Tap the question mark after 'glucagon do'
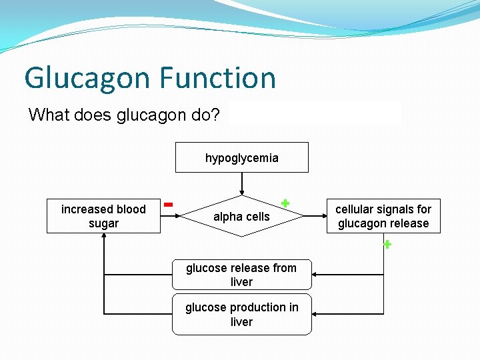(215, 115)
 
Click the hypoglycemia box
(241, 158)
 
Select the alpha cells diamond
(241, 217)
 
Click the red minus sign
(169, 203)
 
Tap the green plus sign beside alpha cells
(285, 203)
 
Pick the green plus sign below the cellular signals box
(387, 245)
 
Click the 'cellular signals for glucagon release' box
(383, 216)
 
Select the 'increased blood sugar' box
(103, 216)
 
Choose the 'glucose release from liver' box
(241, 275)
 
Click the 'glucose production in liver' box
(241, 314)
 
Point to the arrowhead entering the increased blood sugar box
(104, 237)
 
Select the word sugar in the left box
(103, 223)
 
